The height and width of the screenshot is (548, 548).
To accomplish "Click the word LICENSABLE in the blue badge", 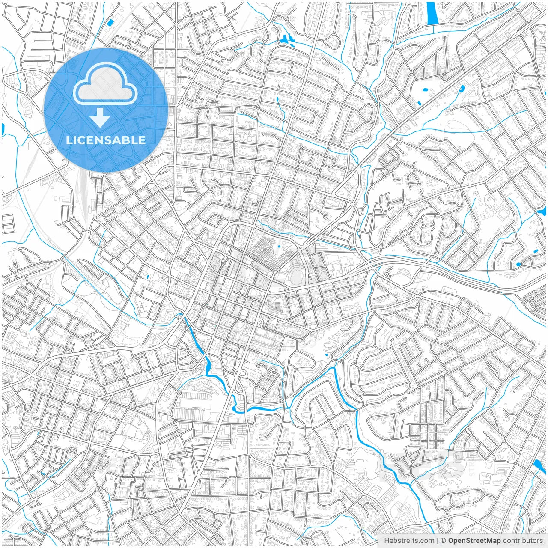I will [x=106, y=140].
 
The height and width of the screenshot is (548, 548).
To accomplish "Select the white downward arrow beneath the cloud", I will [x=100, y=118].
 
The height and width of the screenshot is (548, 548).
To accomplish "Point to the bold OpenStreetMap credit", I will [x=474, y=541].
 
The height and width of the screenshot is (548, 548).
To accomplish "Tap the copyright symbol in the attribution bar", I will [x=444, y=541].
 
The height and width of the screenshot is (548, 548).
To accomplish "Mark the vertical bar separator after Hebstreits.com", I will [x=438, y=541].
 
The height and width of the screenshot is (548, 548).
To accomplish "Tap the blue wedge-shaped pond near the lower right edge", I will [x=539, y=466].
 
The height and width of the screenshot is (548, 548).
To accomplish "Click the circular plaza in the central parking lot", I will [x=268, y=244].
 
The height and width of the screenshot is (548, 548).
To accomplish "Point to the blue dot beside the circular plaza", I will [x=279, y=247].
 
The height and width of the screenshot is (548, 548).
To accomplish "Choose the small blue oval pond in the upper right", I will [x=462, y=89].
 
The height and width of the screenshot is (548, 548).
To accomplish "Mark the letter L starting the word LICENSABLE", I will [x=69, y=140].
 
